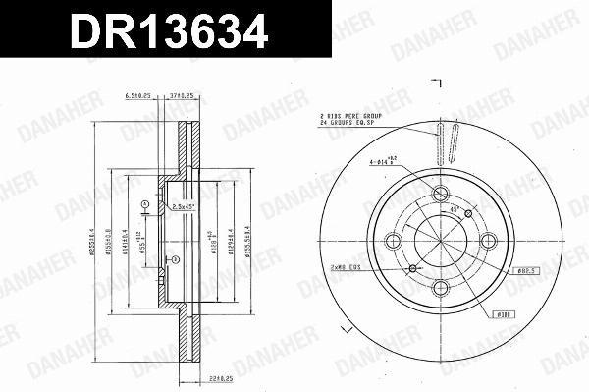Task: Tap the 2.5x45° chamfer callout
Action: pos(184,206)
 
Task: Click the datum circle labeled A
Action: pos(144,204)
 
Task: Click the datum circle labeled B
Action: pos(175,259)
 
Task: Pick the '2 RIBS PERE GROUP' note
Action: pos(351,117)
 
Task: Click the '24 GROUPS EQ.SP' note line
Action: pos(350,126)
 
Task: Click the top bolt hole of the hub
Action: pos(439,193)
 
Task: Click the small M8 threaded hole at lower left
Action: pos(413,267)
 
